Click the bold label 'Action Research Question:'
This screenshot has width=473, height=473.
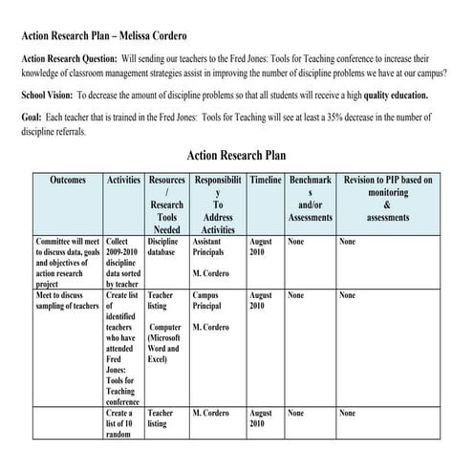[x=71, y=57]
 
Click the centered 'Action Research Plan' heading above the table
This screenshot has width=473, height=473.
[x=236, y=155]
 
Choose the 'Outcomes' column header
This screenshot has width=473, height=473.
[x=67, y=180]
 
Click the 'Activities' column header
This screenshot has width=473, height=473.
[x=124, y=180]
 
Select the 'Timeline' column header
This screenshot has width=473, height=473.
[x=266, y=180]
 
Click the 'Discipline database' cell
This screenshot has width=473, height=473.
[x=166, y=247]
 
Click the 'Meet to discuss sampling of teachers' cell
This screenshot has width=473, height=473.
[x=66, y=302]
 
